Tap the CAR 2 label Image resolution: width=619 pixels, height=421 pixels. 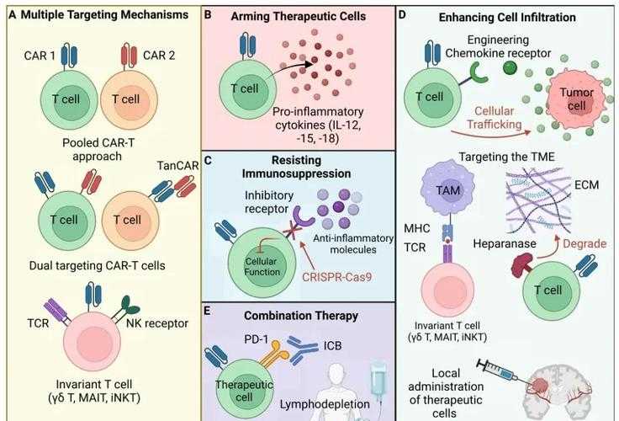pos(160,56)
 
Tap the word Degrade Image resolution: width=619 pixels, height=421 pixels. pos(585,242)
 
